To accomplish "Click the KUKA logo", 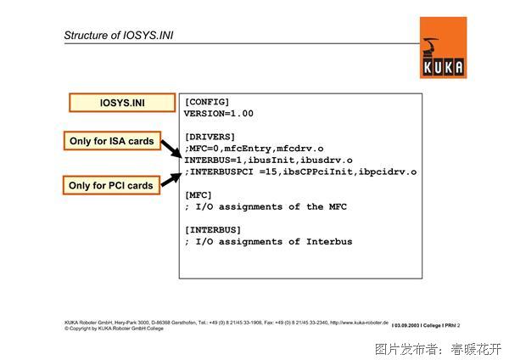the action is (x=443, y=48).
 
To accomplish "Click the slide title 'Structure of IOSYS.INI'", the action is (x=119, y=35).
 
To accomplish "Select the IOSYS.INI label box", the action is (x=122, y=103).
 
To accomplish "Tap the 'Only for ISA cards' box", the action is (x=112, y=141).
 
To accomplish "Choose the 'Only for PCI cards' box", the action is (x=111, y=185).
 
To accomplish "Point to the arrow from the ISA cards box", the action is (x=171, y=149).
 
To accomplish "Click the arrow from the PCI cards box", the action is (x=171, y=180).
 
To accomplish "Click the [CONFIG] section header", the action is (x=207, y=102).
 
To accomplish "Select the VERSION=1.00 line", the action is (x=219, y=114).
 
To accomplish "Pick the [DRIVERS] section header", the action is (x=210, y=137).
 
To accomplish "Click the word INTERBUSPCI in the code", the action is (x=221, y=172).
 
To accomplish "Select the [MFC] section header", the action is (x=198, y=195).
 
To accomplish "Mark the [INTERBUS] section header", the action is (x=213, y=230).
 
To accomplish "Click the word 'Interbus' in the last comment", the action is (x=329, y=242).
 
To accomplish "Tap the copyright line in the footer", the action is (x=114, y=329).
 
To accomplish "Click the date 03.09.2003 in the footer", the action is (x=406, y=325).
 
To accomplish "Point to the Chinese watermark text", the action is (x=439, y=349).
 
